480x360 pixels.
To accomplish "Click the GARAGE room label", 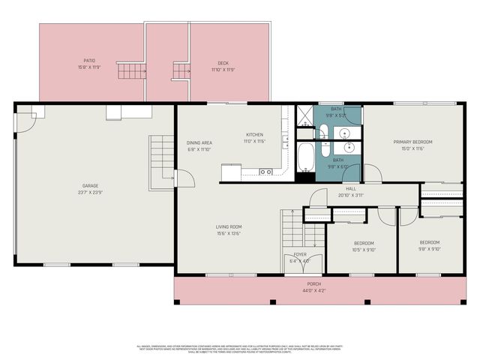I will coord(90,186).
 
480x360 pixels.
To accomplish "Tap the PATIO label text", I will coord(89,61).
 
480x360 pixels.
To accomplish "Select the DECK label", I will coord(223,63).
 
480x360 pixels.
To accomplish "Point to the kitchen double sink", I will coord(265,172).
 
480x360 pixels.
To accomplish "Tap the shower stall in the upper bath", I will coord(304,115).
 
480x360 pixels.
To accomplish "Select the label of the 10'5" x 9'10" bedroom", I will coord(364,243).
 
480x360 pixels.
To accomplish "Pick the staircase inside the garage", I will coord(161,161).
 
